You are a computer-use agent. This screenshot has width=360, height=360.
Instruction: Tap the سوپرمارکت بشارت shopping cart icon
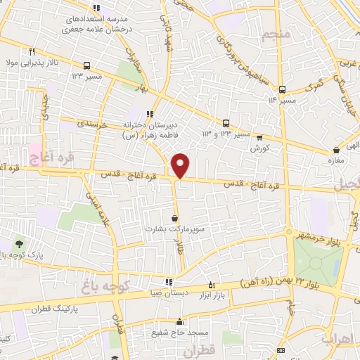point(174,218)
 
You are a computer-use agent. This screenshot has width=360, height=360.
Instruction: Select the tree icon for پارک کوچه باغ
point(18,243)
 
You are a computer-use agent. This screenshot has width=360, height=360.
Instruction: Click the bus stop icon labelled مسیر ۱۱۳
point(282,89)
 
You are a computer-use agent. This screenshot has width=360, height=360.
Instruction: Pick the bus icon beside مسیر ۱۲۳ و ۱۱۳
point(226,122)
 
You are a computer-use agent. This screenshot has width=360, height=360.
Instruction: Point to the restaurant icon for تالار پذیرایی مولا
point(32,51)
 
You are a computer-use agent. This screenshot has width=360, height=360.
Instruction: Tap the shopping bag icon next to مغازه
point(337,149)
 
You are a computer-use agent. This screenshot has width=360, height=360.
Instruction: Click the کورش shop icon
point(259,138)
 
